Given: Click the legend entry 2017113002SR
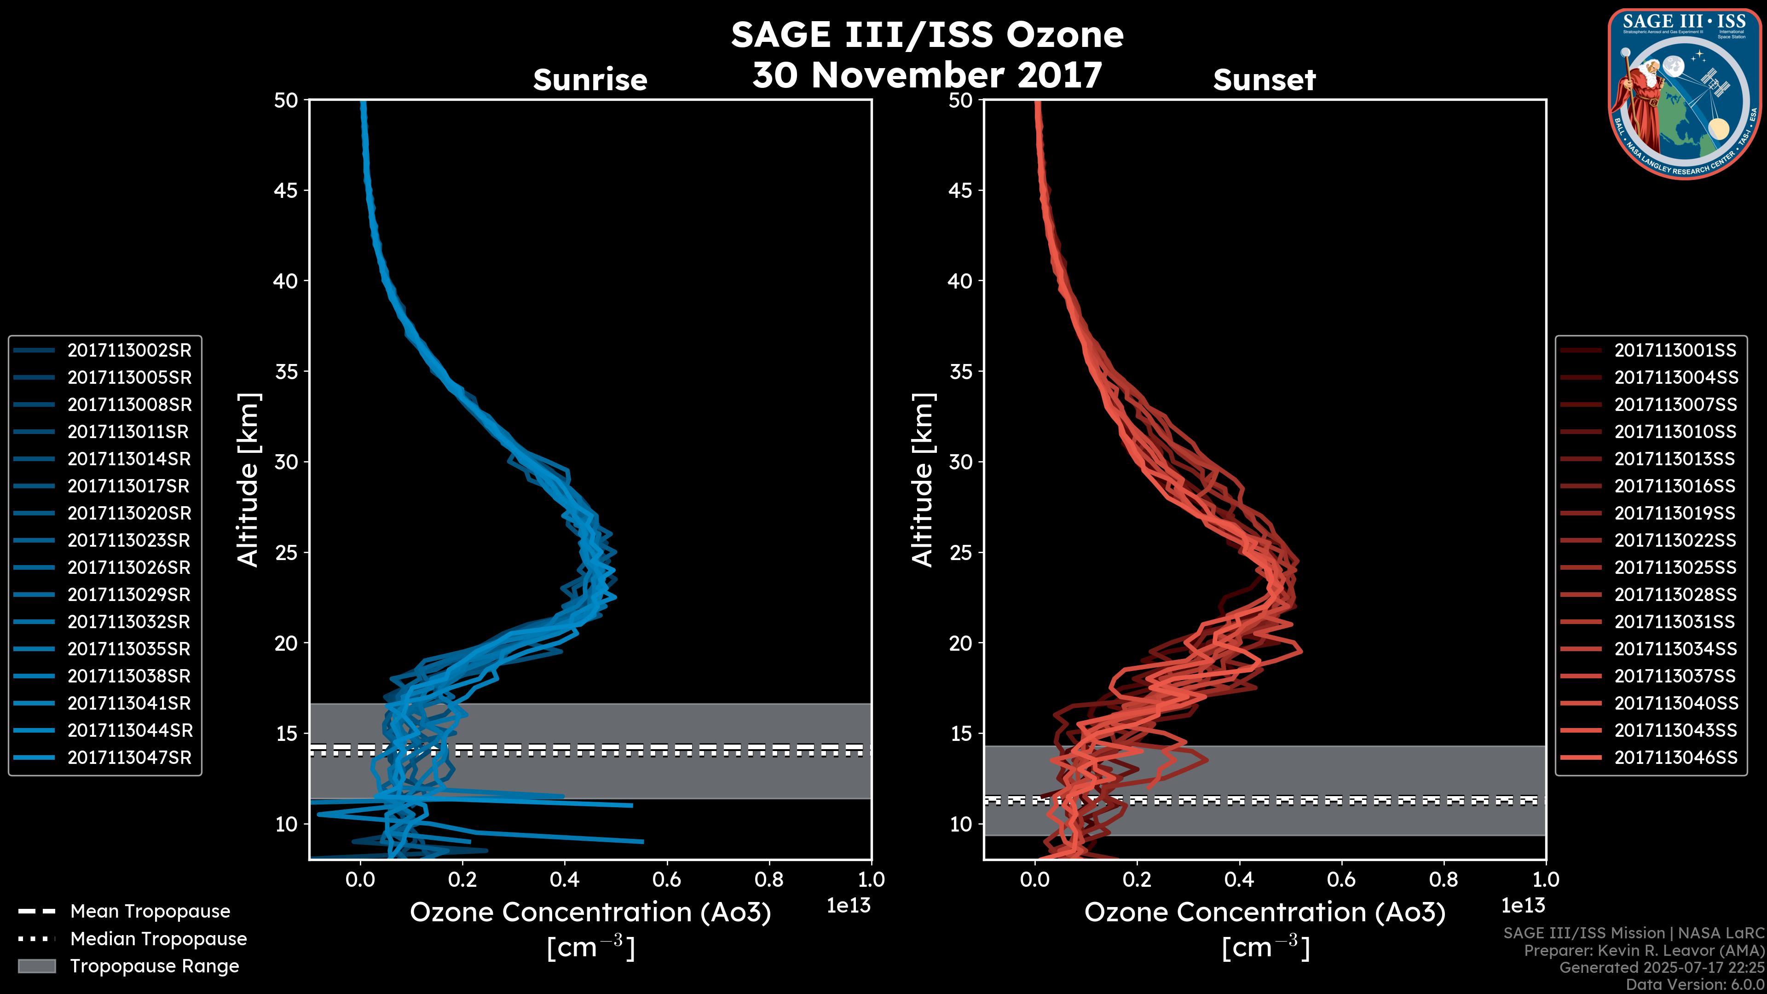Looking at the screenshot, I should click(x=129, y=351).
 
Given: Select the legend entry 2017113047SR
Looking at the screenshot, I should click(x=129, y=758).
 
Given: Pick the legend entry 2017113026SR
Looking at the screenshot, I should click(x=129, y=568).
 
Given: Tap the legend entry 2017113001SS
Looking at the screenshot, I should click(x=1675, y=351).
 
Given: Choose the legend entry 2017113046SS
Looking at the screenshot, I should click(x=1675, y=758).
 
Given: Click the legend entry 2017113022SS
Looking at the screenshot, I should click(x=1675, y=541).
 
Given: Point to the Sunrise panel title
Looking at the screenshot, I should click(x=590, y=80).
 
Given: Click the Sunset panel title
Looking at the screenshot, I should click(x=1264, y=80).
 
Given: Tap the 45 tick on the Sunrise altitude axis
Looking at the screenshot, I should click(x=286, y=191).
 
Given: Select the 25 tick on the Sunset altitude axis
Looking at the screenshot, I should click(x=961, y=553).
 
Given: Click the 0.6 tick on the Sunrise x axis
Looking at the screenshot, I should click(x=667, y=879).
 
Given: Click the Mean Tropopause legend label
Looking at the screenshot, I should click(x=150, y=912).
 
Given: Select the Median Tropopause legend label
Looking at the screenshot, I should click(x=158, y=939).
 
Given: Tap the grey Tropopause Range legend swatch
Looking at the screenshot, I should click(x=37, y=966).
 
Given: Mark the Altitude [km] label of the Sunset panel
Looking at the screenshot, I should click(x=923, y=480).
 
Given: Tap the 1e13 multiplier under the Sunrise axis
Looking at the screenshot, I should click(x=849, y=906).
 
